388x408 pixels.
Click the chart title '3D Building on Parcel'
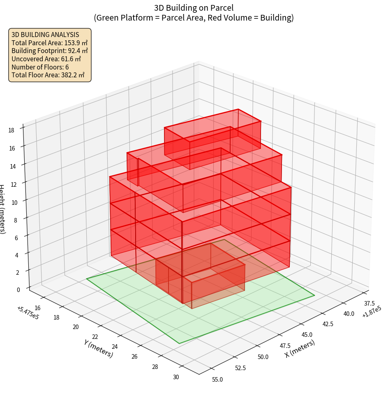coord(194,7)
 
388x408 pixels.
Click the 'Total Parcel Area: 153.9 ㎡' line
coord(49,42)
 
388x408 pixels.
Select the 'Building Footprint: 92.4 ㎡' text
coord(50,51)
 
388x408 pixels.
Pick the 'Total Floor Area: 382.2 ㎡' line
coord(48,75)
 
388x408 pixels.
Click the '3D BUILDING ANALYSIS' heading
coord(45,35)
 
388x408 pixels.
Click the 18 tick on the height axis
coord(12,130)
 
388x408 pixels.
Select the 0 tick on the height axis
coord(18,290)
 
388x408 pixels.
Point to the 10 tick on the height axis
coord(15,202)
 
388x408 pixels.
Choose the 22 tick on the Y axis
coord(95,337)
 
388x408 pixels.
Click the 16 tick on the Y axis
coord(37,308)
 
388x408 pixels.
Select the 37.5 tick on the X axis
coord(370,303)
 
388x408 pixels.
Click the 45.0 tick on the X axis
coord(307,334)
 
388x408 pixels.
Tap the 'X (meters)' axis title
coord(300,349)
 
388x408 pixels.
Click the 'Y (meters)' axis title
coord(98,348)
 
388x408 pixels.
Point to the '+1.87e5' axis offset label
coord(372,315)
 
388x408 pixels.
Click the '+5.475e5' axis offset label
coord(28,313)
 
